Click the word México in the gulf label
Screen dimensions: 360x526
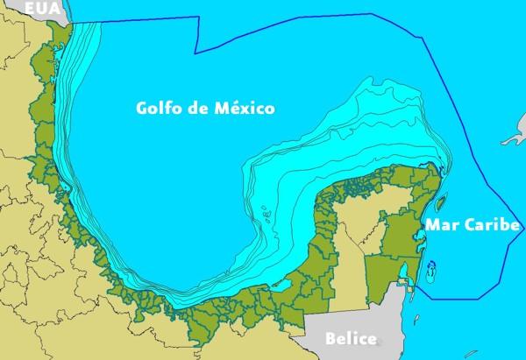(x=245, y=109)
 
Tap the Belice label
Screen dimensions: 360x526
(x=351, y=338)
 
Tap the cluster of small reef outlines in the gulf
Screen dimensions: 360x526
(x=266, y=212)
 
